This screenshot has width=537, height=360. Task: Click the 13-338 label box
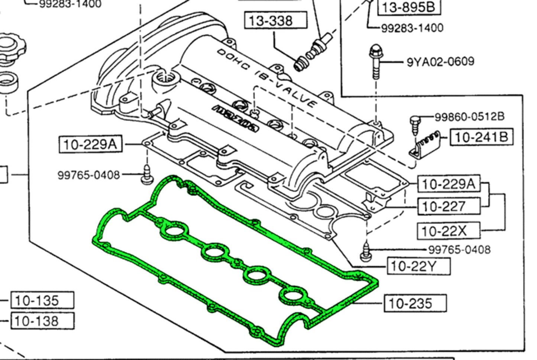[275, 20]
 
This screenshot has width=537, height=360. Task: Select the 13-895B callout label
[408, 7]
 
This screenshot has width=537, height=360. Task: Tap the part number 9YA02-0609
[440, 61]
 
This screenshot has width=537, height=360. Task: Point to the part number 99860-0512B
[469, 116]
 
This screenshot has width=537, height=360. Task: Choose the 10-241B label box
[481, 137]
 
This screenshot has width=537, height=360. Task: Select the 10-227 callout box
[449, 206]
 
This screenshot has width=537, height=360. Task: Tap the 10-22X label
[449, 231]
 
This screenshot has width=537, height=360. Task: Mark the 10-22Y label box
[418, 266]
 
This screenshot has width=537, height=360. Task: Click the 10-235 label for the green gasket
[415, 303]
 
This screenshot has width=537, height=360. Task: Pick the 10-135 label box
[42, 300]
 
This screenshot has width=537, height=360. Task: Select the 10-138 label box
[42, 320]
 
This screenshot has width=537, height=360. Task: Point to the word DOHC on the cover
[233, 61]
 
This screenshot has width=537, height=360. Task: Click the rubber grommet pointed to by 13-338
[300, 65]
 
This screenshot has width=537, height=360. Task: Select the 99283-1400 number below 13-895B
[412, 28]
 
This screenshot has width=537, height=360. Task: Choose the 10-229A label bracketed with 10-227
[449, 184]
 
